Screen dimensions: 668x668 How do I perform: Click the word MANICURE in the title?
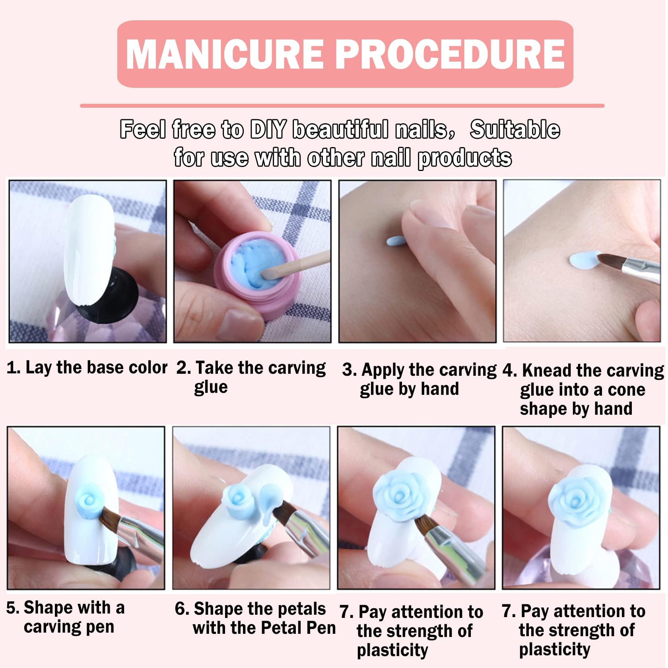coord(225,54)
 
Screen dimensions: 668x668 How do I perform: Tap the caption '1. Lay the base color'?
coord(87,368)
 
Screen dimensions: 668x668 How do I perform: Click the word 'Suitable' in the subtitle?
coord(515,130)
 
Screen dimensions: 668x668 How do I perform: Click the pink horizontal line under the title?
coord(342,106)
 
